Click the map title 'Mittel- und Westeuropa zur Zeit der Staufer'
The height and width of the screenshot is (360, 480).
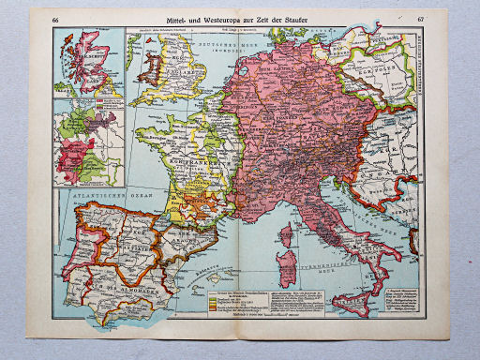(x=239, y=20)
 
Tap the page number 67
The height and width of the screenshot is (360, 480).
(x=420, y=20)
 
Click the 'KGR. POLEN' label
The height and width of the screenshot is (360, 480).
(x=380, y=70)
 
